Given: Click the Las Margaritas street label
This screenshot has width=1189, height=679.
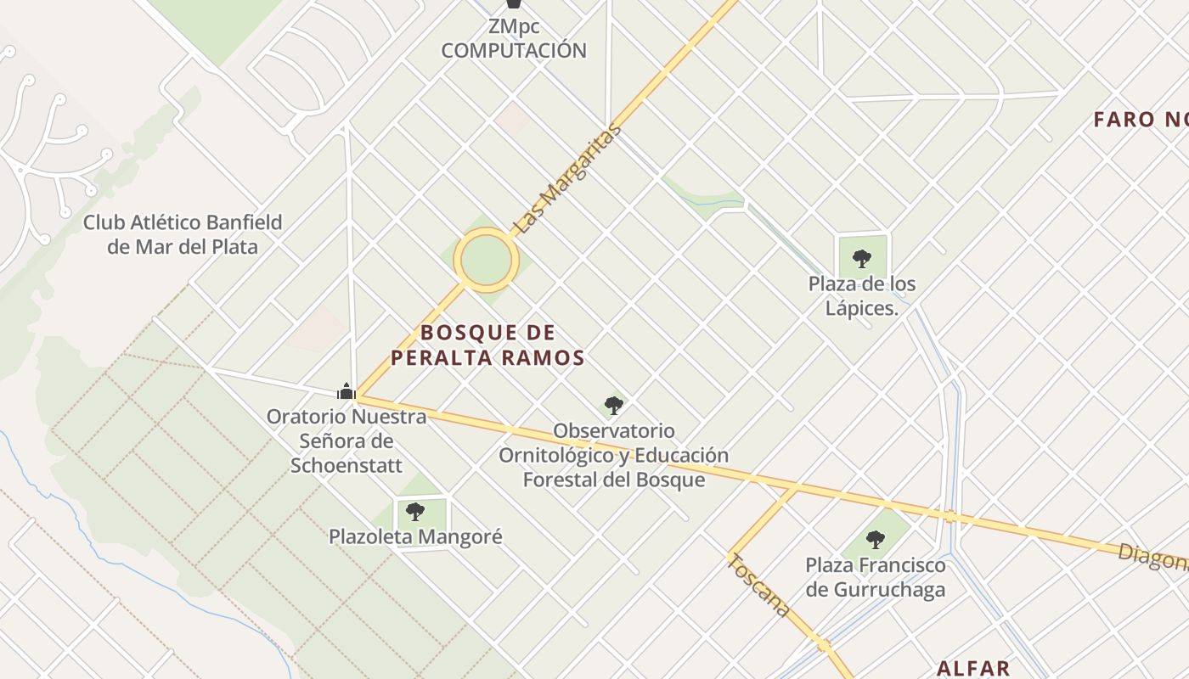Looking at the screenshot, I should pyautogui.click(x=568, y=180).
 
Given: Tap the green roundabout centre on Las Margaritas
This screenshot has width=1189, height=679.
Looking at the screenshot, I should pyautogui.click(x=486, y=257).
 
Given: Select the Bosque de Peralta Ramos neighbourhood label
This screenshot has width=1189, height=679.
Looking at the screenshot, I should pyautogui.click(x=487, y=345).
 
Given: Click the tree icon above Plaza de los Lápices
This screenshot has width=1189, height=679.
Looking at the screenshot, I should pyautogui.click(x=862, y=258).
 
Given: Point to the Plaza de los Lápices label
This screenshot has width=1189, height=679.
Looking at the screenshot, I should pyautogui.click(x=862, y=295).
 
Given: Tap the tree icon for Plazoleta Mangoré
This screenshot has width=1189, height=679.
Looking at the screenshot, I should pyautogui.click(x=415, y=511).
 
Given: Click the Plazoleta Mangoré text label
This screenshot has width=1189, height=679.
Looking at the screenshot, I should pyautogui.click(x=415, y=536).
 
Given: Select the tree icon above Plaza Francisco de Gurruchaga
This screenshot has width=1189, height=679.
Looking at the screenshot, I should pyautogui.click(x=876, y=539).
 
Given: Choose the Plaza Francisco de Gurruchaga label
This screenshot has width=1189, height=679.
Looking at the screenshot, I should pyautogui.click(x=876, y=577).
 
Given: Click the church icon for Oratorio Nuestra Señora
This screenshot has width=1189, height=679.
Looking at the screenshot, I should pyautogui.click(x=346, y=391).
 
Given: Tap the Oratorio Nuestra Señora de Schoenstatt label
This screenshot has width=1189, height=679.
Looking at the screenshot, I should pyautogui.click(x=347, y=441).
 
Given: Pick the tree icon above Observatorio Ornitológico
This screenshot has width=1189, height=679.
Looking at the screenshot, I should pyautogui.click(x=613, y=405).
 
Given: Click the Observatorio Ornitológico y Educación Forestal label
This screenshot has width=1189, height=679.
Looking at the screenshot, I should pyautogui.click(x=613, y=455).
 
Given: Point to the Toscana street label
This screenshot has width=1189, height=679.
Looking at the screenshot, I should pyautogui.click(x=759, y=586).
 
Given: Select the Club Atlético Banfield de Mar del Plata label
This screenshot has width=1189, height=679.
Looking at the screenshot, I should pyautogui.click(x=183, y=234).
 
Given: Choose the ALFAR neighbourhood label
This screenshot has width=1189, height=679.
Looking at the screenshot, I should pyautogui.click(x=973, y=668).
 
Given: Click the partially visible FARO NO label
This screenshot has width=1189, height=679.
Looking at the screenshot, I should pyautogui.click(x=1141, y=120).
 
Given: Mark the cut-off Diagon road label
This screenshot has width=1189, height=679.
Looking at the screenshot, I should pyautogui.click(x=1153, y=557).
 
